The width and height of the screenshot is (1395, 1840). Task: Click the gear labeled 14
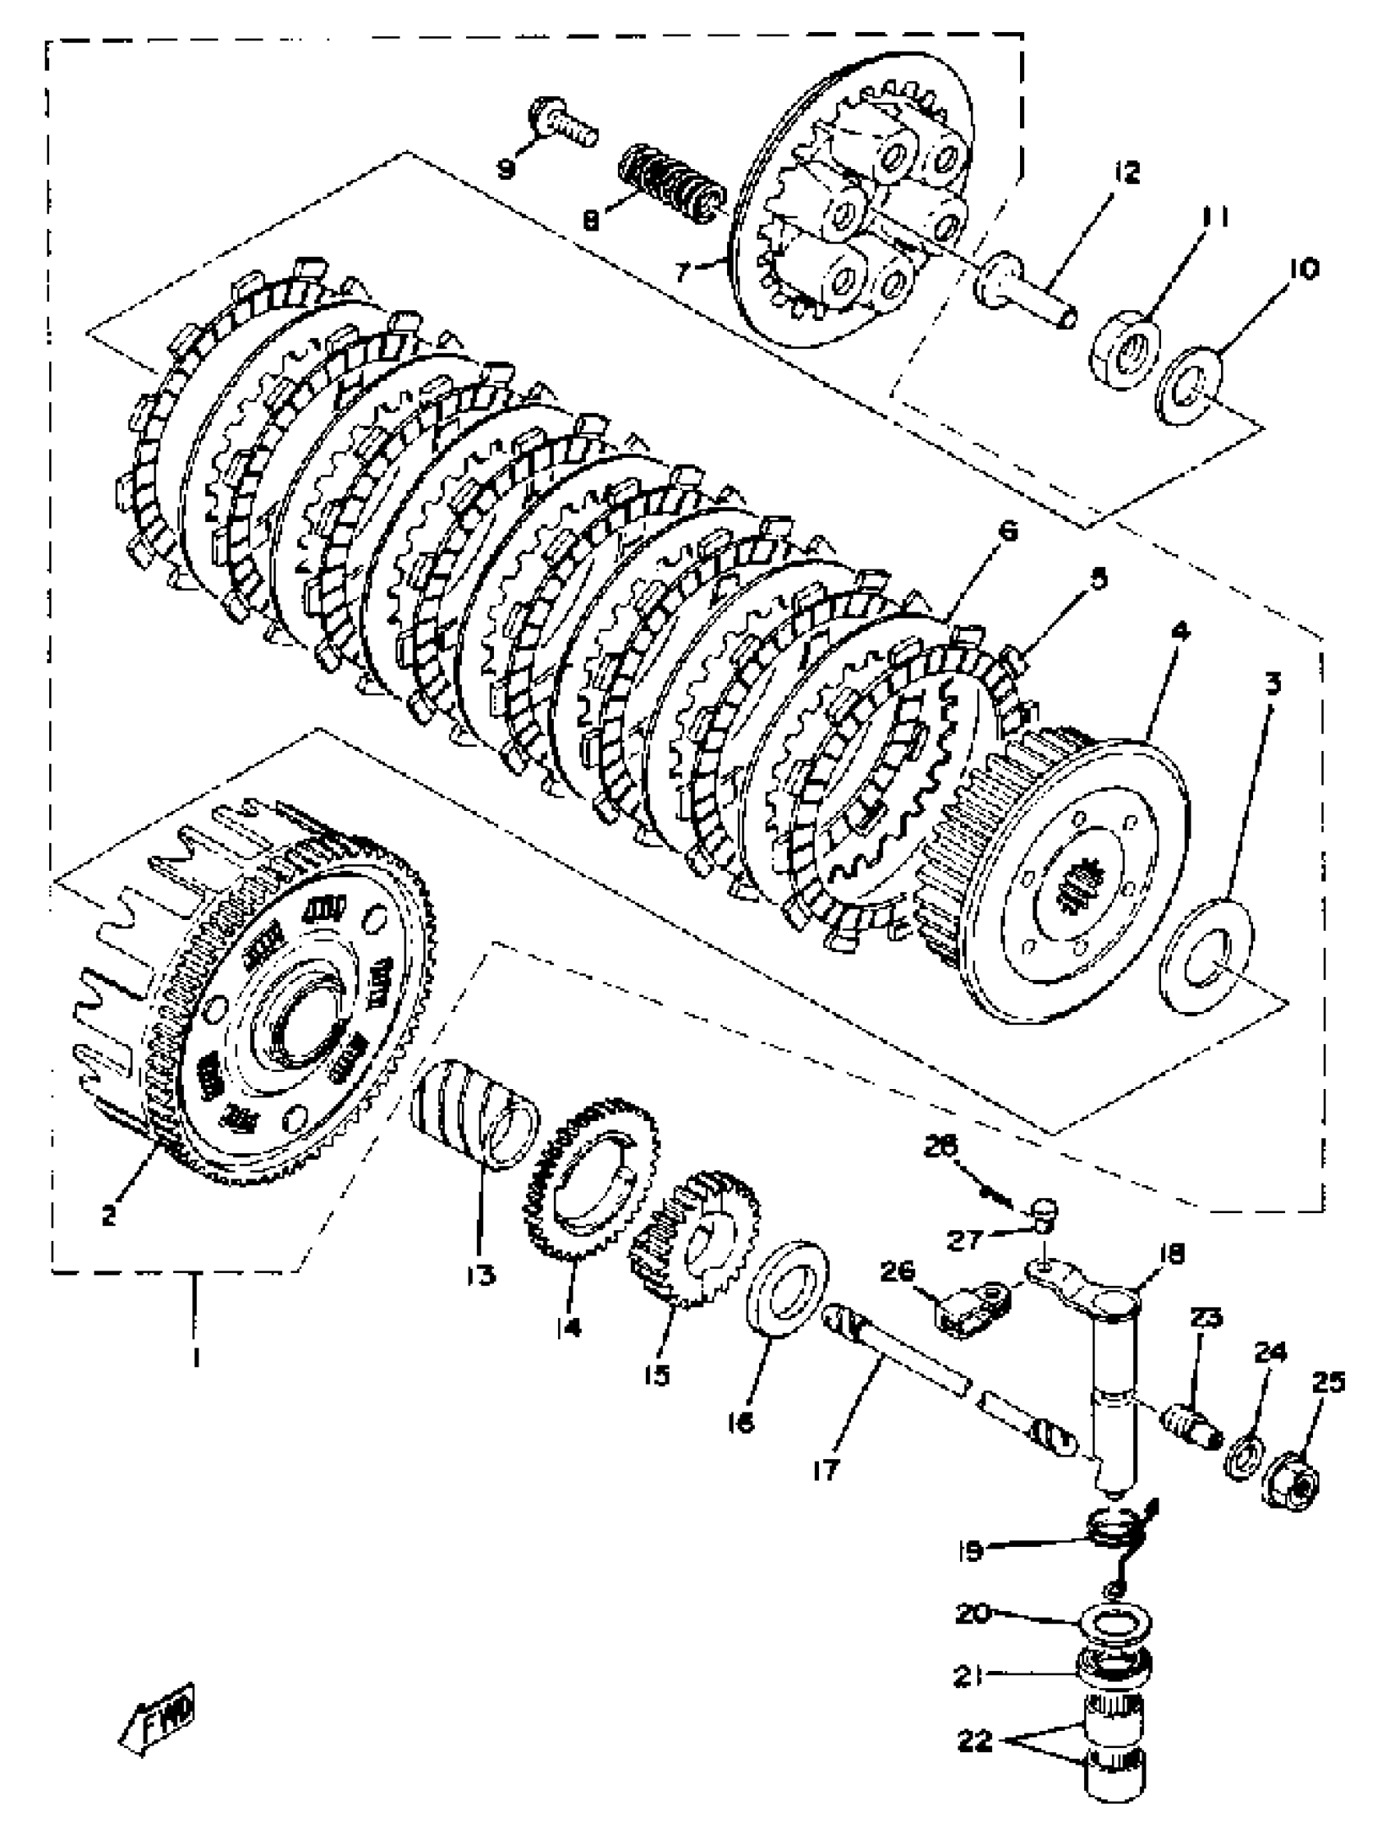point(592,1180)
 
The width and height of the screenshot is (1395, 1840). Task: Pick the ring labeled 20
point(1114,1623)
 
